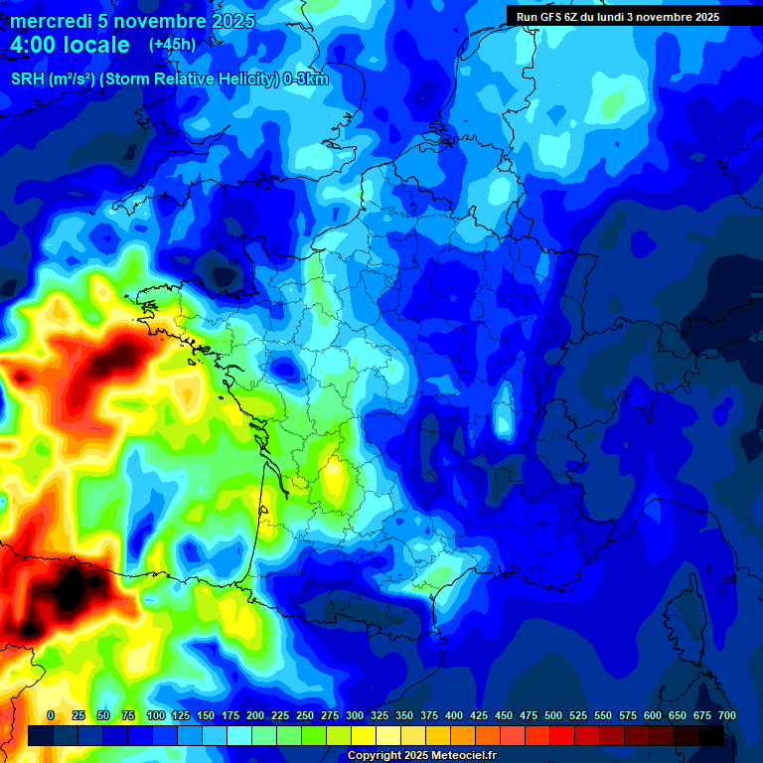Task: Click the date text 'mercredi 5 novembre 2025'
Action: [132, 21]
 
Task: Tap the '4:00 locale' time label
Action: [70, 45]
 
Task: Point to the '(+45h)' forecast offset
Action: [172, 45]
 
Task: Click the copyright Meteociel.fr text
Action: [421, 756]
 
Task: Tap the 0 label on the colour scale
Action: [51, 715]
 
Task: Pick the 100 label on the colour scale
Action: [156, 715]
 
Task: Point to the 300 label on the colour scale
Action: [355, 715]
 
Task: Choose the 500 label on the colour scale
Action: [553, 715]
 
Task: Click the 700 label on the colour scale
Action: [726, 715]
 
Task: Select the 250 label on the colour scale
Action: [305, 715]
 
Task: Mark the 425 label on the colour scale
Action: [479, 715]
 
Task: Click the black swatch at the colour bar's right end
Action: [711, 735]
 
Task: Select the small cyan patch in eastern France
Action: [504, 413]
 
